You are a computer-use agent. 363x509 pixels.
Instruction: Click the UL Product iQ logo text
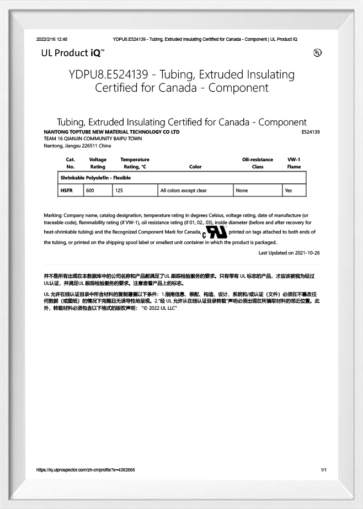(72, 53)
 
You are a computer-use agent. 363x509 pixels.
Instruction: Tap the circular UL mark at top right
(317, 53)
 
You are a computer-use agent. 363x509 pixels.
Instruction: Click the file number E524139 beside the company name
(311, 132)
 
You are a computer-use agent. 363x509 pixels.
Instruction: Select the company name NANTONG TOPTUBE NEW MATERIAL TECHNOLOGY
(111, 132)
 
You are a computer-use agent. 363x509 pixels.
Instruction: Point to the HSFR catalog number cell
(66, 190)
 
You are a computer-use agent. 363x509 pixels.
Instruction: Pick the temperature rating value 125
(119, 190)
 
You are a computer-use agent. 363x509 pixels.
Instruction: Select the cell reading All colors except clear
(183, 190)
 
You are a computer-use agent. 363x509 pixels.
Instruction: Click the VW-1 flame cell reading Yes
(288, 190)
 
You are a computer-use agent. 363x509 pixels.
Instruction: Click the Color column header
(195, 167)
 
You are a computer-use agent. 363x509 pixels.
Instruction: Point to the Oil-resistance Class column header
(257, 163)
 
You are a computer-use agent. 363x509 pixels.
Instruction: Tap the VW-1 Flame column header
(294, 163)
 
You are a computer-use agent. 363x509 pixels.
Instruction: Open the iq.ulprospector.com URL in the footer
(86, 470)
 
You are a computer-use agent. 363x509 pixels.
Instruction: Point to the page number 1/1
(324, 470)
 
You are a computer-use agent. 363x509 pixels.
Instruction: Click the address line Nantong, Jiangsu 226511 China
(77, 146)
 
